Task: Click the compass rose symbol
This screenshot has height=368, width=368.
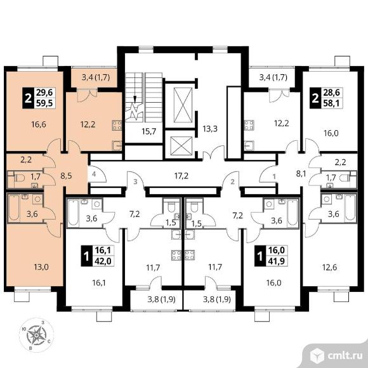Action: point(36,335)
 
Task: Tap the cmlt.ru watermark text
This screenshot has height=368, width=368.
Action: point(345,356)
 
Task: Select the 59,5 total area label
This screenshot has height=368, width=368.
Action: point(45,103)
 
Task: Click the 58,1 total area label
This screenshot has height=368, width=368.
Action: point(331,103)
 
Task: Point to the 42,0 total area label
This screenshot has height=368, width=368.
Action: point(103,261)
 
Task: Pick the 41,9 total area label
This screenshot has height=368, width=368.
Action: point(277,261)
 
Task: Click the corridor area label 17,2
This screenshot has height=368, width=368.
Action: point(181,175)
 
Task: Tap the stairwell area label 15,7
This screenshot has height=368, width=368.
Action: point(149,131)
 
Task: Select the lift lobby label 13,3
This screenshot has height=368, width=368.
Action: point(210,129)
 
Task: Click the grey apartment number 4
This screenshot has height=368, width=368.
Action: point(94,174)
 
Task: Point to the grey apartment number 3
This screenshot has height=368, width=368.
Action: point(135,181)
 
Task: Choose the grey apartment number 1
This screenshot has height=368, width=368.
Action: point(274,176)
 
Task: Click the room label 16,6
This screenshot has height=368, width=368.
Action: point(39,124)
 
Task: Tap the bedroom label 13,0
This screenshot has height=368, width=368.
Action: point(41,267)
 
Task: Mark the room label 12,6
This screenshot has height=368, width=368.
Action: point(330,267)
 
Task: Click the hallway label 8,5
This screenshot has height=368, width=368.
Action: point(66,176)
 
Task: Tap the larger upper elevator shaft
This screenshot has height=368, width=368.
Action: point(183,105)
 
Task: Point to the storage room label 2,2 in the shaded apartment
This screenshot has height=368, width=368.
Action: point(26,160)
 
